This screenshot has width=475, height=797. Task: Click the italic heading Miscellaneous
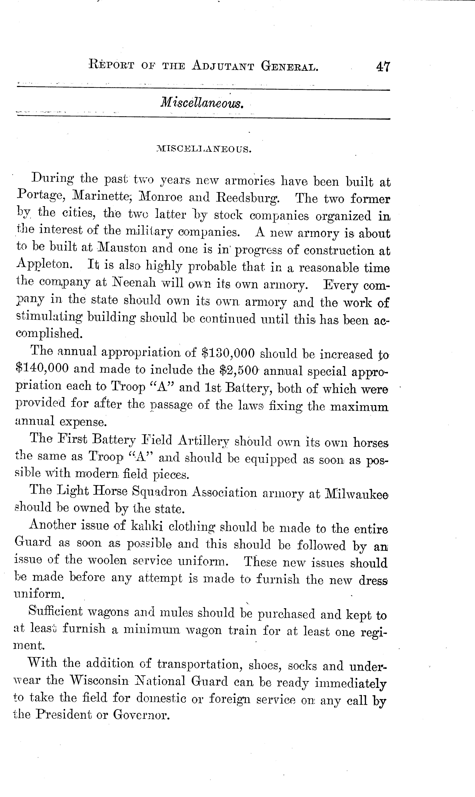[x=202, y=103]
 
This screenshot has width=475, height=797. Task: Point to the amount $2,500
[x=239, y=370]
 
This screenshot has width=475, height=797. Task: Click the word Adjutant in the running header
[x=223, y=66]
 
